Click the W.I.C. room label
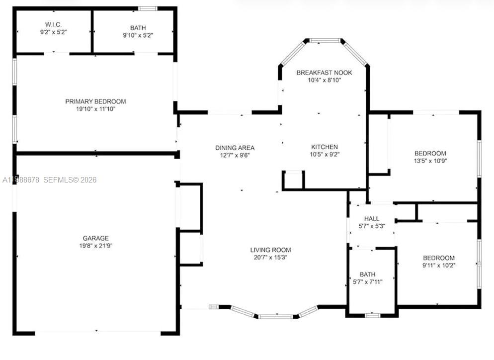[53, 24]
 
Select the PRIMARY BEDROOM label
[95, 101]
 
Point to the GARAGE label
[95, 238]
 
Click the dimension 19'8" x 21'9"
[95, 246]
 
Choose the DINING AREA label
[235, 148]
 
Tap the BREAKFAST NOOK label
[324, 73]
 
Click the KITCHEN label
[324, 147]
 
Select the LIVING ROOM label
[270, 250]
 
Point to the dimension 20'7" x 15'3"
[270, 258]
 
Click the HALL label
[371, 219]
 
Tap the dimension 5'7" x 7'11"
[368, 281]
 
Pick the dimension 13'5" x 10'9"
[430, 161]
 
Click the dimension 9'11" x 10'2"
[438, 266]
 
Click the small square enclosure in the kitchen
[293, 180]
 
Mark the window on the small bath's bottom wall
[372, 315]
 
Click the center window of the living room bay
[275, 316]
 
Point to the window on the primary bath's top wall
[147, 8]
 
